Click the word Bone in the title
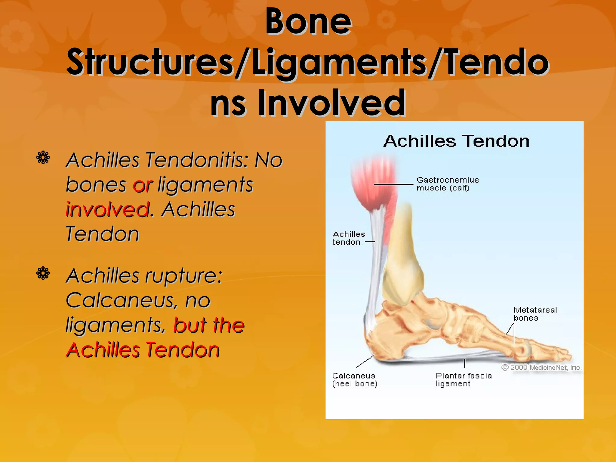click(x=308, y=22)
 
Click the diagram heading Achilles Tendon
click(x=456, y=141)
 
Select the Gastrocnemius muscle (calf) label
click(x=447, y=184)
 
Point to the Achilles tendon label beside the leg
click(x=349, y=238)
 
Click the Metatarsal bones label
click(x=535, y=314)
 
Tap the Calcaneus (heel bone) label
click(x=354, y=380)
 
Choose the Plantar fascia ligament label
click(x=463, y=380)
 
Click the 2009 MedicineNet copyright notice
click(x=542, y=368)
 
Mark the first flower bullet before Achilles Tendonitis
click(x=43, y=158)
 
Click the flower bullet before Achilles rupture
click(x=43, y=273)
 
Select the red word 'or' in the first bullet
click(x=143, y=185)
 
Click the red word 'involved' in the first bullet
click(x=107, y=209)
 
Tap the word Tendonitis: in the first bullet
click(x=197, y=160)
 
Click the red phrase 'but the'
click(x=209, y=325)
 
